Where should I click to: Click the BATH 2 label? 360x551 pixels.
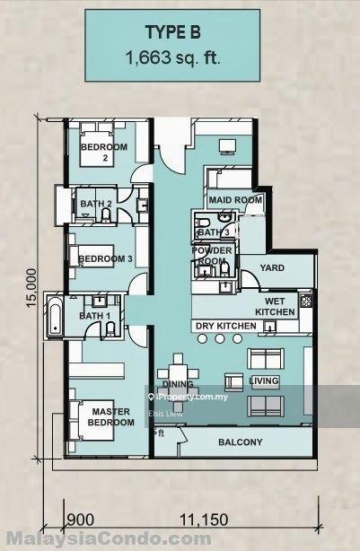pos(96,205)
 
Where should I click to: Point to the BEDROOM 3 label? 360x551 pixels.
pos(105,259)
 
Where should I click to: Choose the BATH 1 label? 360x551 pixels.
pos(94,316)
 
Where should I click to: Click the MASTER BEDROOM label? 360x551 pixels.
pos(111,417)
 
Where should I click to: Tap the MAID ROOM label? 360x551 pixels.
pos(235,200)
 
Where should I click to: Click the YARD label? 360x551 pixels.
pos(272,268)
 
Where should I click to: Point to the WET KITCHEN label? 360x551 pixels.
pos(275,306)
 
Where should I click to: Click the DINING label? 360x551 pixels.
pos(176,383)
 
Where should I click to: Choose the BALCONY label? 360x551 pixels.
pos(241,442)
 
